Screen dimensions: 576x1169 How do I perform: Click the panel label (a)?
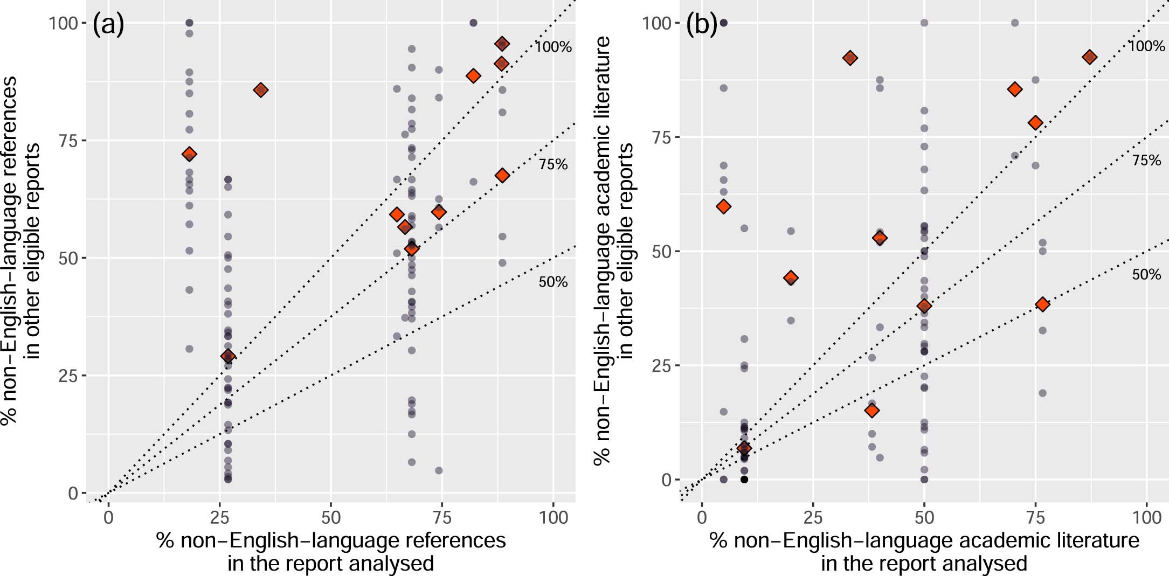coord(108,25)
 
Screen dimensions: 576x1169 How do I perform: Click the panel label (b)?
coord(701,25)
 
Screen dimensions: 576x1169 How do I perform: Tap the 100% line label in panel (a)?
coord(553,47)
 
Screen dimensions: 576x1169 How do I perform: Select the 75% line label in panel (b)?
coord(1146,161)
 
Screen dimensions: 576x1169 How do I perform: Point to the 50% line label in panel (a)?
coord(553,282)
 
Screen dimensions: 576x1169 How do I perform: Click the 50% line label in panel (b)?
coord(1146,275)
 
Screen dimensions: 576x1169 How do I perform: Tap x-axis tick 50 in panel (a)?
coord(330,517)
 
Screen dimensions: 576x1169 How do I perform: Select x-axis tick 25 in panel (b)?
coord(813,517)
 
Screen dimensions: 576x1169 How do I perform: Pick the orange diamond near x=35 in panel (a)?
coord(261,90)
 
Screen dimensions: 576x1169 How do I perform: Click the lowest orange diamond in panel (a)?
coord(228,356)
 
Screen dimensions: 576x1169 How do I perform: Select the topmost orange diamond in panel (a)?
coord(502,44)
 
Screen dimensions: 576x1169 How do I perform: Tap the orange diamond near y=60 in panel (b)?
coord(724,206)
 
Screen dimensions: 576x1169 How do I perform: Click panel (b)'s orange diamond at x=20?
coord(791,278)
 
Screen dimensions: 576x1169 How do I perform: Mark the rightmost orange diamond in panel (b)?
coord(1089,57)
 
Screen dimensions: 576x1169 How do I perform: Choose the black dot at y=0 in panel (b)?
coord(744,480)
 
